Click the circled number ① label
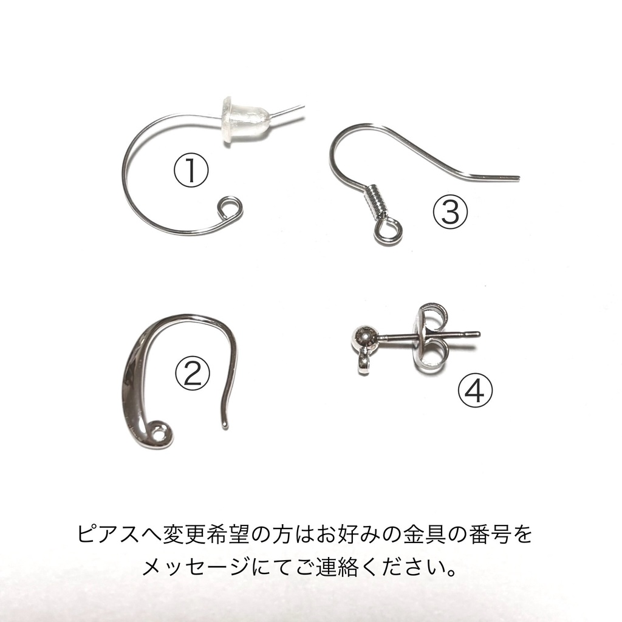pos(191,170)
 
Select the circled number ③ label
pos(450,212)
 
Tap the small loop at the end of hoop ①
pos(230,208)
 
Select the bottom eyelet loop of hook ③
pos(386,231)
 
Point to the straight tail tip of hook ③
pos(516,178)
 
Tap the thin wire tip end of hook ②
pos(225,424)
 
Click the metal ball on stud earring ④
pos(364,337)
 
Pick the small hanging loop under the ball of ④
pos(364,363)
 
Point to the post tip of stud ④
pos(477,333)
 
